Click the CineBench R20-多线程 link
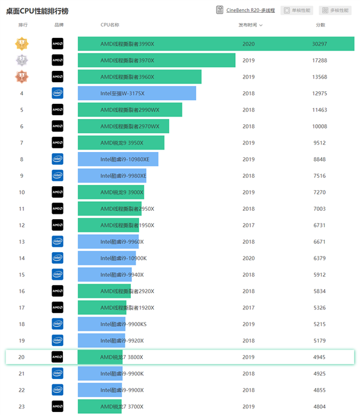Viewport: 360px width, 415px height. pyautogui.click(x=251, y=10)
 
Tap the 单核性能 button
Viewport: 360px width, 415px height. pyautogui.click(x=297, y=10)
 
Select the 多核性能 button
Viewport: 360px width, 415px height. pyautogui.click(x=335, y=10)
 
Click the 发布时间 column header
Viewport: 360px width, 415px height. pyautogui.click(x=250, y=25)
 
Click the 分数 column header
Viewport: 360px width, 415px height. pyautogui.click(x=320, y=25)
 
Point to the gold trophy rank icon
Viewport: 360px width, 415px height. pyautogui.click(x=22, y=44)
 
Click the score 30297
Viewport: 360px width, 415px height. pyautogui.click(x=319, y=44)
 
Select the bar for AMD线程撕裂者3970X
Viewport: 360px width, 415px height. pyautogui.click(x=156, y=60)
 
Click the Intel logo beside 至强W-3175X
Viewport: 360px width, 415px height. pyautogui.click(x=58, y=93)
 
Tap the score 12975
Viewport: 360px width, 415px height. pyautogui.click(x=319, y=93)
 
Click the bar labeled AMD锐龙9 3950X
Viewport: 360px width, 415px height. pyautogui.click(x=121, y=143)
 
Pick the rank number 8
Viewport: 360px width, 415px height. pyautogui.click(x=22, y=159)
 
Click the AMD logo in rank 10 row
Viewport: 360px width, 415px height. pyautogui.click(x=58, y=192)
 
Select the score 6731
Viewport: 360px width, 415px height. pyautogui.click(x=319, y=225)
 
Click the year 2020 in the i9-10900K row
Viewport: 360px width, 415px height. pyautogui.click(x=248, y=258)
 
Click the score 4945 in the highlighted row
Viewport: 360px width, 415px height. pyautogui.click(x=319, y=357)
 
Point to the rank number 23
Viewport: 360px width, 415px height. pyautogui.click(x=22, y=407)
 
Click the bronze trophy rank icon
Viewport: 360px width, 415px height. pyautogui.click(x=22, y=77)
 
